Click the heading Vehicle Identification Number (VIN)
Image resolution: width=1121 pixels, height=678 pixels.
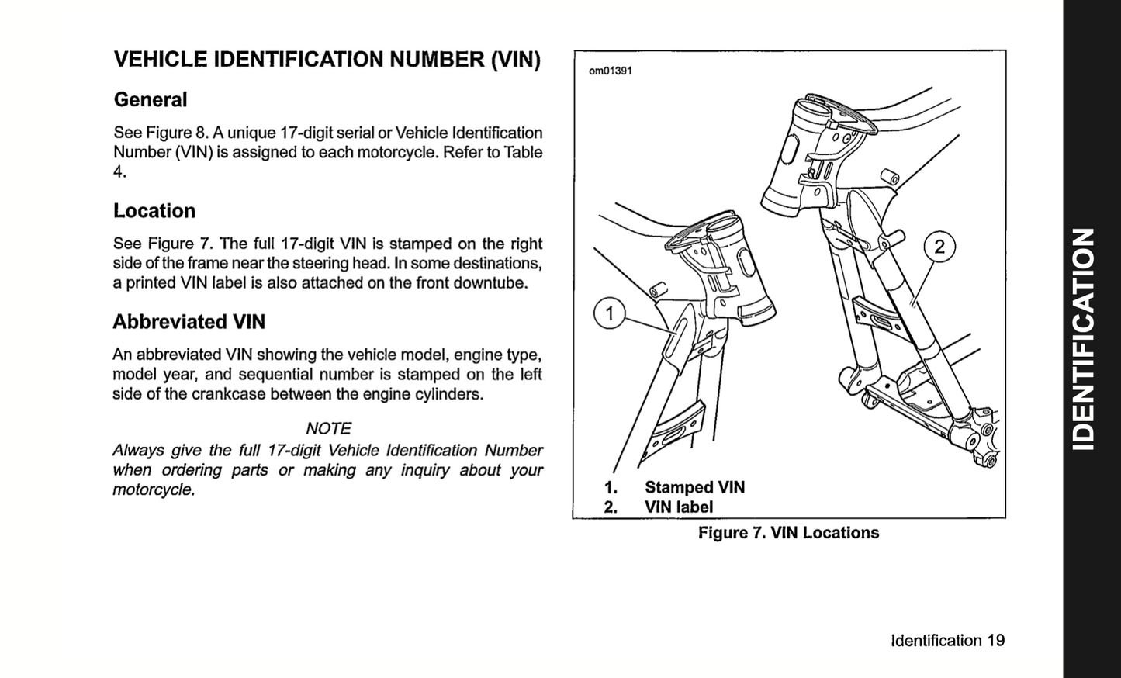[327, 60]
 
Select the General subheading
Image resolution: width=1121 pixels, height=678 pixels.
[151, 100]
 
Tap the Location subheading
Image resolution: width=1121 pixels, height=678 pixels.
[154, 211]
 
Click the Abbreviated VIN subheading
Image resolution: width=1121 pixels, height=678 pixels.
[189, 322]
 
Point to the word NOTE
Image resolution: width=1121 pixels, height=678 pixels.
[328, 428]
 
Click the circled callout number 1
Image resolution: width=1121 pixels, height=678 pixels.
[609, 313]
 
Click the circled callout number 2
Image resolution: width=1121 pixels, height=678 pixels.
[939, 247]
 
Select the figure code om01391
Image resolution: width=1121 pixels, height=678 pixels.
[610, 71]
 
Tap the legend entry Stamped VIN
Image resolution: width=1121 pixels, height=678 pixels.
[694, 487]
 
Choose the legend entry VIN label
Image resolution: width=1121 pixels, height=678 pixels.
[678, 507]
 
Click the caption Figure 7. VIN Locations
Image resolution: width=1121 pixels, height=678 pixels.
[788, 533]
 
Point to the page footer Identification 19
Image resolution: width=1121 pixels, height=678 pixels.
[947, 641]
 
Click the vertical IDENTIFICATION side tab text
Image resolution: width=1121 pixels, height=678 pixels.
[1083, 338]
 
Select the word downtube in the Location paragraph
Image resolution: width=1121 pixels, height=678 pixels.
[495, 283]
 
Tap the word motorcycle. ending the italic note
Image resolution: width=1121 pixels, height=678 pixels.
[154, 490]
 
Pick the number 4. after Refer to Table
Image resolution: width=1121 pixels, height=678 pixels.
[119, 172]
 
